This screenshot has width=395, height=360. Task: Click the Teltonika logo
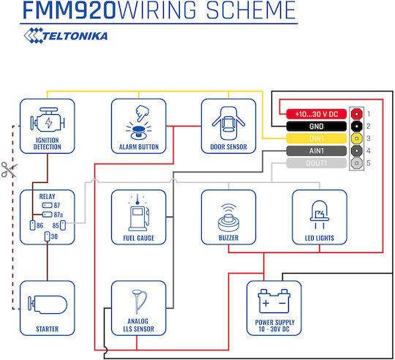coord(66,36)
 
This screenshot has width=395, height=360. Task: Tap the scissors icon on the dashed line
coord(9,170)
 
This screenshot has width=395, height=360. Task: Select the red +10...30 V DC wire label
coord(317,114)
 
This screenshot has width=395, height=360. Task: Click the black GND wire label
coord(317,126)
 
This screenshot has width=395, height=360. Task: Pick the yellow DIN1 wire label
coord(317,138)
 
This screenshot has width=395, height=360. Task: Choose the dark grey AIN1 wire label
coord(317,151)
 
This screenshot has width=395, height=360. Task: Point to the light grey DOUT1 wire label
coord(317,163)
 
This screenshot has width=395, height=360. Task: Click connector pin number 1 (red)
coord(356,114)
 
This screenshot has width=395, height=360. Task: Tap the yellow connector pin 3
coord(356,138)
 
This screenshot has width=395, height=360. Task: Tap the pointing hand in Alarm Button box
coord(142,113)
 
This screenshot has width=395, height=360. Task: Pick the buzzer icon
coord(228,218)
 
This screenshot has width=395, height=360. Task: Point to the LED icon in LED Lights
coord(320,214)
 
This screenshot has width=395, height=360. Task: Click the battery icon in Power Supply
coord(274,301)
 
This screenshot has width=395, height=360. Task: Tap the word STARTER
coord(48,329)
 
